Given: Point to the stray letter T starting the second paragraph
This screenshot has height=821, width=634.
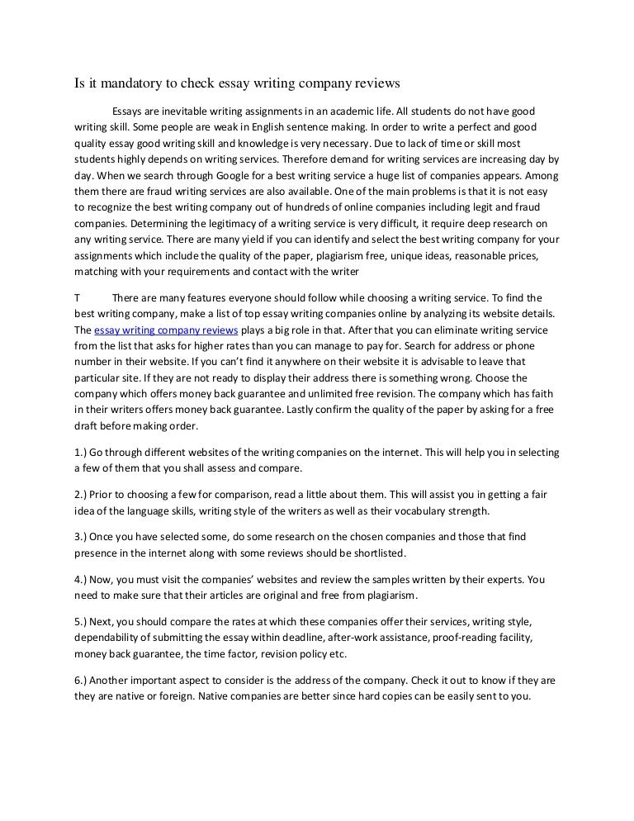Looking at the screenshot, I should [x=76, y=297].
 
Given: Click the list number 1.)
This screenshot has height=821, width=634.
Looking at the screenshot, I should [x=81, y=453].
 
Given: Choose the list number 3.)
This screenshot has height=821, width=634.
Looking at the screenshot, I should [x=81, y=537].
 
